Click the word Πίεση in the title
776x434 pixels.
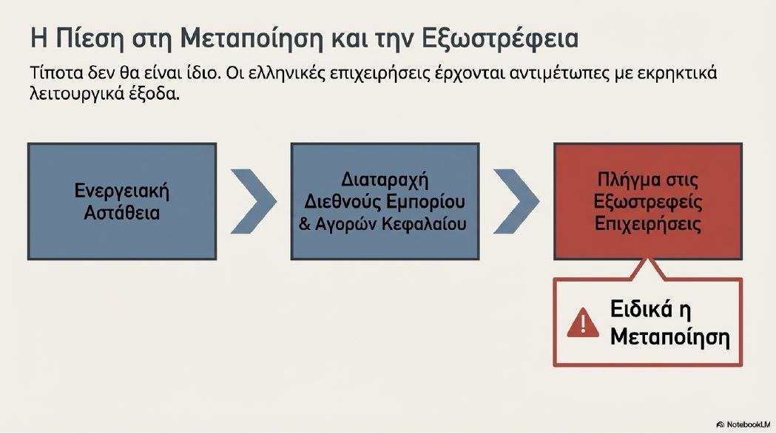pos(89,38)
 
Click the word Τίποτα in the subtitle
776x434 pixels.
pos(56,72)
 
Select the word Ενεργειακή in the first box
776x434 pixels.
pos(122,191)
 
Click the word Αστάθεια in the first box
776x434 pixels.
pos(122,213)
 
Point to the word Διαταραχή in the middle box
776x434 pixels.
pos(385,180)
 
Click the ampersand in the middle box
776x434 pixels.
pos(305,224)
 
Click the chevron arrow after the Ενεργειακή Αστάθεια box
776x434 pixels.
pos(254,201)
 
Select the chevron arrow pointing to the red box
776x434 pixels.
pos(516,201)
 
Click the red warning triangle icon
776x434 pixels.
pos(583,322)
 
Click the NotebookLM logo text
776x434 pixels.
pos(744,424)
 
